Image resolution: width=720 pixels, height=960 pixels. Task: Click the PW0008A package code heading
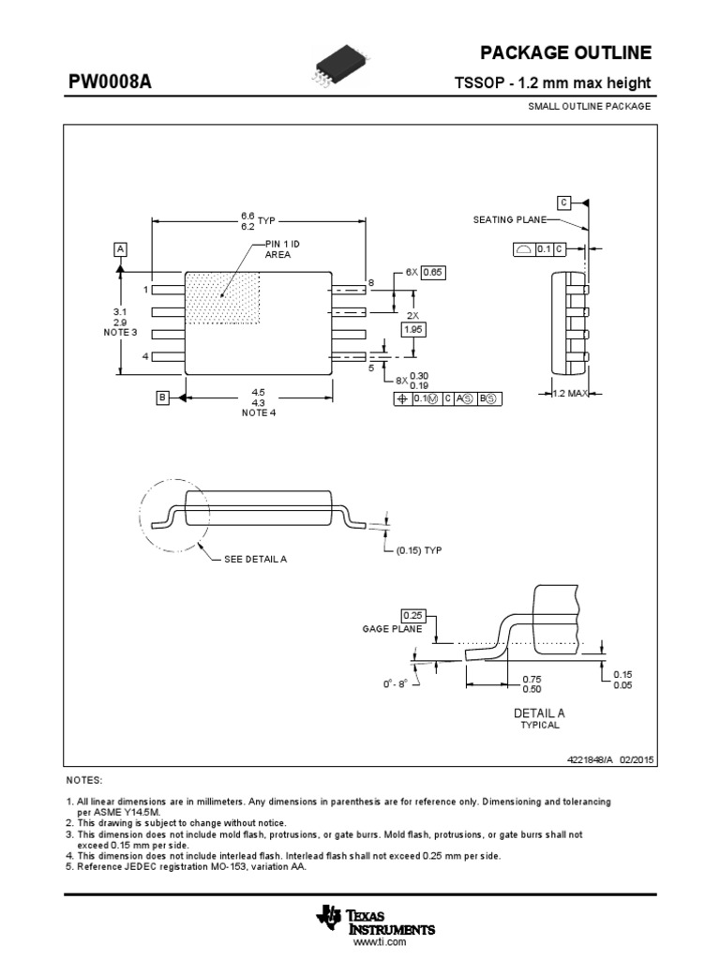[x=110, y=83]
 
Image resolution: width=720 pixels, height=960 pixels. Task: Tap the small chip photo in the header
[x=326, y=69]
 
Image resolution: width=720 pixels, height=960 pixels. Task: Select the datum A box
[x=120, y=248]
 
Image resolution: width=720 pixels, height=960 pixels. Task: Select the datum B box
[x=161, y=398]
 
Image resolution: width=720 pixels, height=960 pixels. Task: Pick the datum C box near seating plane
[x=563, y=202]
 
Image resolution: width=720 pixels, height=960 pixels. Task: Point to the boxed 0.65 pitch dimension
[x=431, y=272]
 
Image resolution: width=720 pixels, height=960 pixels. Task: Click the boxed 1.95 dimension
[x=412, y=329]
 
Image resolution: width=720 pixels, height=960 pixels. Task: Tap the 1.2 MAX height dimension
[x=571, y=394]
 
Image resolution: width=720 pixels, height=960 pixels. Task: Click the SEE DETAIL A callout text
[x=255, y=559]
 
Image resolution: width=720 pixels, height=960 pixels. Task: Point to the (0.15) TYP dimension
[x=418, y=549]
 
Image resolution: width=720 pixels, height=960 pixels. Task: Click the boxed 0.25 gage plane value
[x=412, y=615]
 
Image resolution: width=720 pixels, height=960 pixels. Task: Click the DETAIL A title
[x=539, y=712]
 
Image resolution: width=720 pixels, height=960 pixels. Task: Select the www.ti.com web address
[x=379, y=942]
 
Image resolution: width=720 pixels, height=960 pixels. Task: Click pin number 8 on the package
[x=371, y=282]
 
